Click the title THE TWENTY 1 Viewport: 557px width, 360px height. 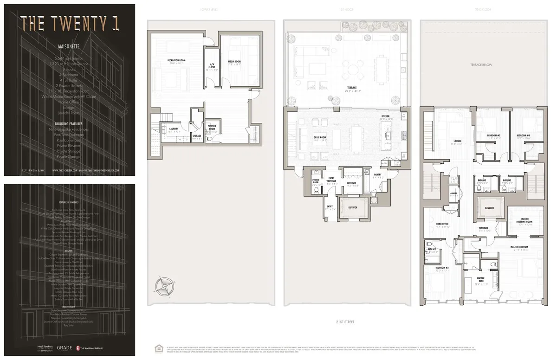tap(69, 22)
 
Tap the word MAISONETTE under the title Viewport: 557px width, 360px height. tap(69, 47)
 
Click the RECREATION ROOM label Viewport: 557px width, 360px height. tap(176, 61)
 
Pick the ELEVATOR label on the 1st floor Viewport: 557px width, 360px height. tap(353, 207)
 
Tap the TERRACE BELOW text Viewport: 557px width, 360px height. tap(480, 64)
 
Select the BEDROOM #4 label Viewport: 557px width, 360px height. tap(523, 135)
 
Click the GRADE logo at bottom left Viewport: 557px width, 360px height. tap(63, 347)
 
